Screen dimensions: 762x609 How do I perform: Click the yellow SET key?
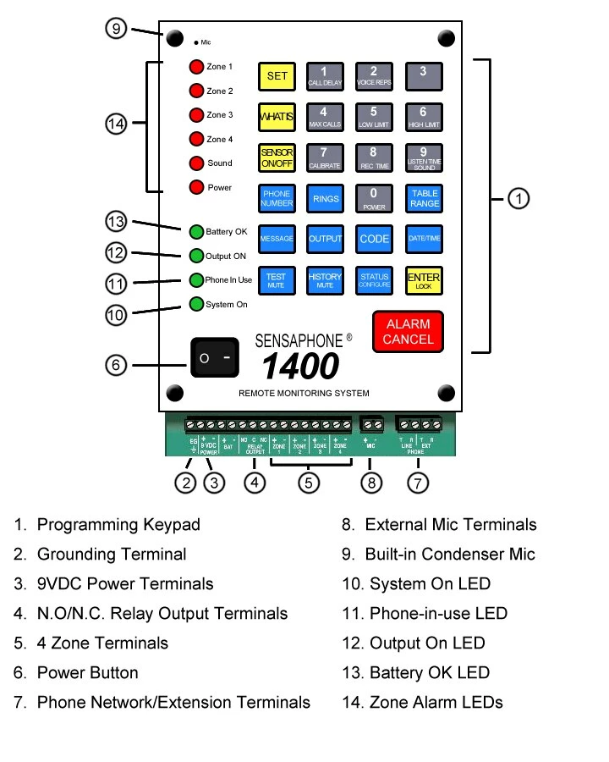[277, 76]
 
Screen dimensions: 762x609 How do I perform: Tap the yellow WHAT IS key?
[277, 116]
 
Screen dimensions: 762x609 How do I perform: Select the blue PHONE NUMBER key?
[277, 199]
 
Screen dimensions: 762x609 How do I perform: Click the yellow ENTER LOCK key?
[423, 280]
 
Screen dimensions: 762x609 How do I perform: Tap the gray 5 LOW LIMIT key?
[374, 116]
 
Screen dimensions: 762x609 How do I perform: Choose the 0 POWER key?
[374, 199]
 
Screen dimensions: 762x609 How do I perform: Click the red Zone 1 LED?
[196, 67]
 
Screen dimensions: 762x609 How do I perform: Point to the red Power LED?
[196, 188]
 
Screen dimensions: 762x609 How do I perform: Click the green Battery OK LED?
[196, 231]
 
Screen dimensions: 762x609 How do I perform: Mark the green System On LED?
[196, 305]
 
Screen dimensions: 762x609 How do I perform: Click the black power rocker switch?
[216, 357]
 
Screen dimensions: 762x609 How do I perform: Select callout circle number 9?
[117, 29]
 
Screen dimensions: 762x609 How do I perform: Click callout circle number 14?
[117, 124]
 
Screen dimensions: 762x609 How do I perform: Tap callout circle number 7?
[418, 483]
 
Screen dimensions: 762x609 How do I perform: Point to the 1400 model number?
[300, 367]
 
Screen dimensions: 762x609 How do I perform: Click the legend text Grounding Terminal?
[112, 555]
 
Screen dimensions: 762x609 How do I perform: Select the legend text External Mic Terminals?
[451, 525]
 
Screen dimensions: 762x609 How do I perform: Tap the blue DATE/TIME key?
[423, 239]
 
